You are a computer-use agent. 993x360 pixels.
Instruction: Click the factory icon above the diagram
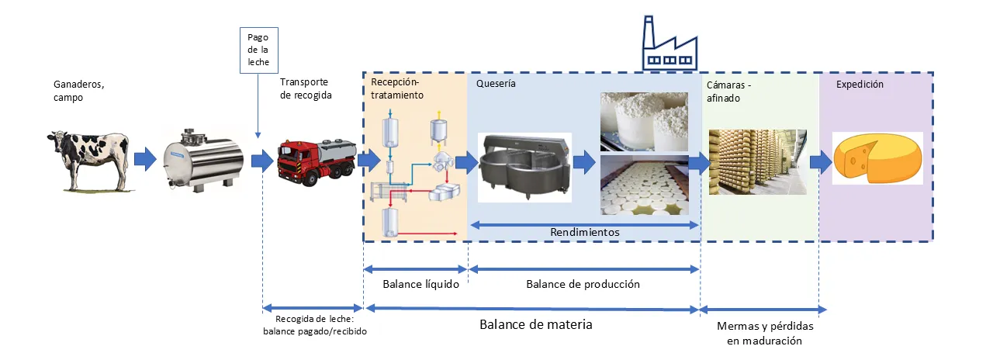[672, 46]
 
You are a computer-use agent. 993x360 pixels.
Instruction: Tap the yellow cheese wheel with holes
[877, 158]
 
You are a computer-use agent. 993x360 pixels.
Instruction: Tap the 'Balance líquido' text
[415, 284]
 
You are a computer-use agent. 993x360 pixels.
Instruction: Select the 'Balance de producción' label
[583, 284]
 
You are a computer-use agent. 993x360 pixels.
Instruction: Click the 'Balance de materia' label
[535, 324]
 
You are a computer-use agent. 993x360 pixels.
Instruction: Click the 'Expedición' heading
[860, 85]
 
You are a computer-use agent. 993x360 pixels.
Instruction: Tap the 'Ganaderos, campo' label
[78, 92]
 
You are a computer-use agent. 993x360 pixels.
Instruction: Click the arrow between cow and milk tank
[144, 161]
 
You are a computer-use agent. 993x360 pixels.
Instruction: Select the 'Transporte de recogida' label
[305, 88]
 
